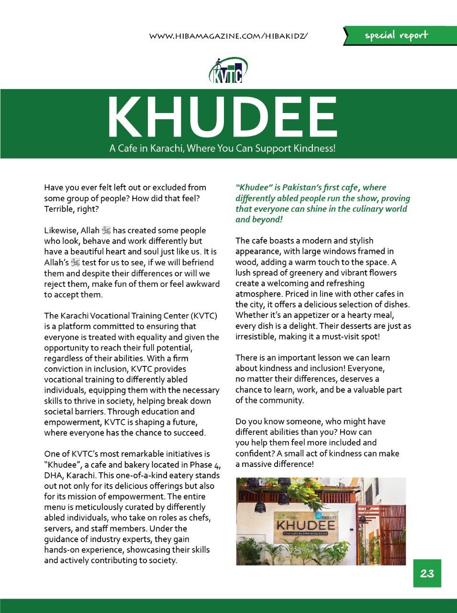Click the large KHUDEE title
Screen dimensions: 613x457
coord(223,117)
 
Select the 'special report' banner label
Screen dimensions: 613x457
coord(396,35)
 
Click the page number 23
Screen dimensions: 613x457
coord(427,573)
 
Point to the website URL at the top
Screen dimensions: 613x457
coord(228,36)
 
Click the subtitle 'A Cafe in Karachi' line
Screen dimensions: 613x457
coord(223,148)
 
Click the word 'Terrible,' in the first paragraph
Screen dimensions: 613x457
coord(58,209)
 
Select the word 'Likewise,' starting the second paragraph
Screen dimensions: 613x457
coord(61,230)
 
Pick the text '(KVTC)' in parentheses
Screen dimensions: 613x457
coord(204,316)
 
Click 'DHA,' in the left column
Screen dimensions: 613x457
coord(54,476)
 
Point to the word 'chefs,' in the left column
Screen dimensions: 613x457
coord(200,518)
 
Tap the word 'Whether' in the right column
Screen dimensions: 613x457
coord(251,315)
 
